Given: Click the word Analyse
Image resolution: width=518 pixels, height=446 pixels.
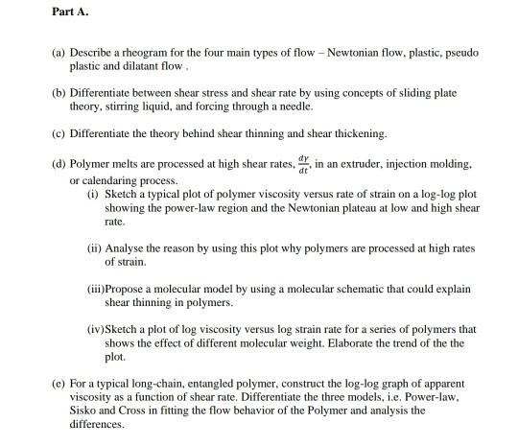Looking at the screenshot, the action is [127, 246].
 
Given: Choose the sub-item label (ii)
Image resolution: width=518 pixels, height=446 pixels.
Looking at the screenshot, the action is [94, 246].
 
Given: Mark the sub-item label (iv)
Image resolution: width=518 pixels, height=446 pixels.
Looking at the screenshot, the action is [96, 329].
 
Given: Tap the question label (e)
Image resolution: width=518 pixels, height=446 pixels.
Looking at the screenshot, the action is [59, 382].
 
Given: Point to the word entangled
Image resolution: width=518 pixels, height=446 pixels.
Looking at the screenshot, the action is [208, 382].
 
